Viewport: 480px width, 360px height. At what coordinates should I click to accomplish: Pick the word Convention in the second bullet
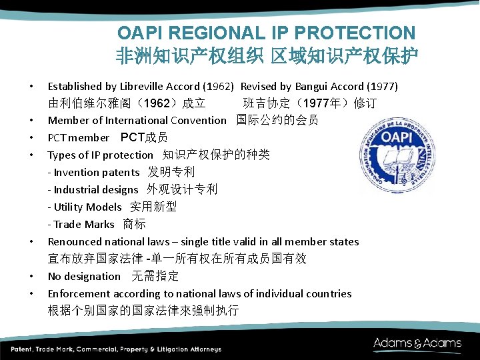click(199, 121)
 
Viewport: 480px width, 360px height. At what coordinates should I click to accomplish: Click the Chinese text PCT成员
click(143, 137)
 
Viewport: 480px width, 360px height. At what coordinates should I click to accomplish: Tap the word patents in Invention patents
click(121, 173)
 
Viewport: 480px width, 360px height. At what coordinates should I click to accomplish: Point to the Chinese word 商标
click(134, 224)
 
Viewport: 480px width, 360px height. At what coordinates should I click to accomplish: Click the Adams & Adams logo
click(417, 344)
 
